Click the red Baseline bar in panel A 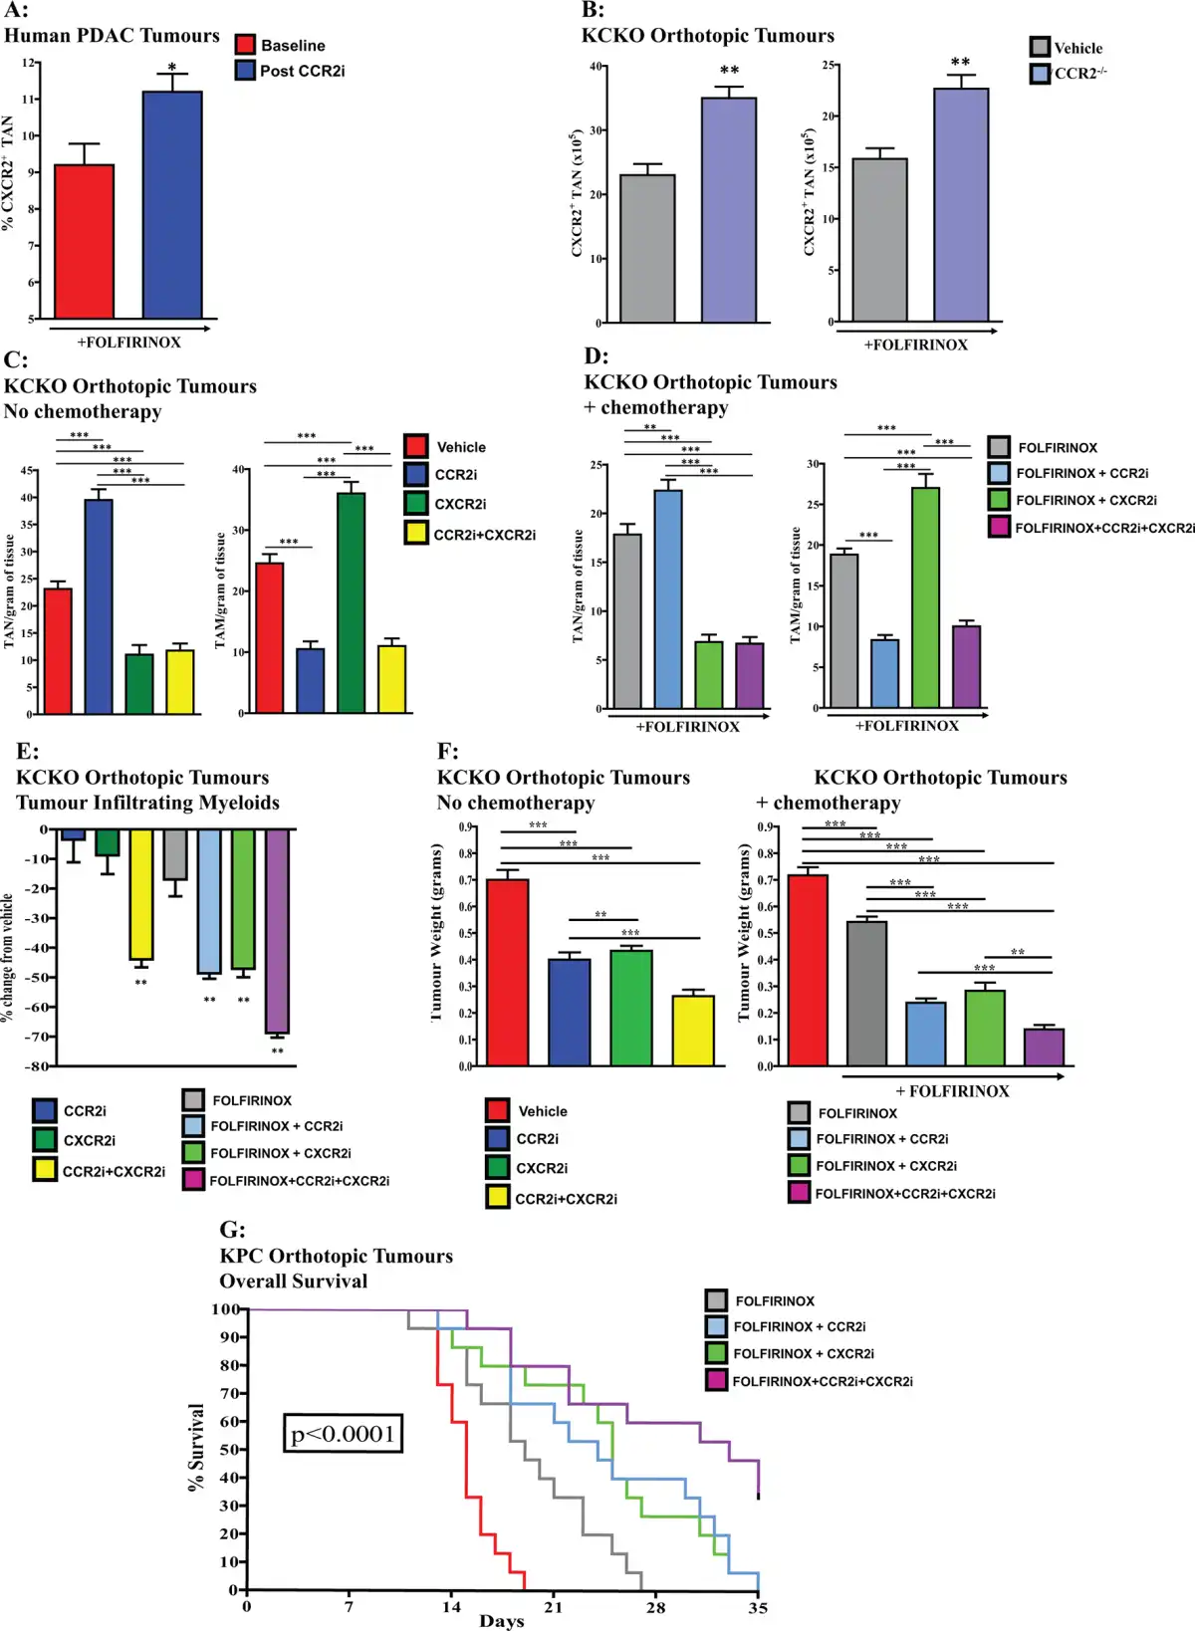(84, 242)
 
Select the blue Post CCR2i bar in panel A (172, 205)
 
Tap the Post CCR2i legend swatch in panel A (246, 71)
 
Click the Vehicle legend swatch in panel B (1040, 48)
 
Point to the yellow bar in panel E (140, 894)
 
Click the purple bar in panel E (277, 931)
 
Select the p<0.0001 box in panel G (343, 1434)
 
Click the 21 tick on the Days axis (553, 1606)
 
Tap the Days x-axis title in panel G (501, 1622)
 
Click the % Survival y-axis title (196, 1447)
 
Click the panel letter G (231, 1230)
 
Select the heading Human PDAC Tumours (112, 36)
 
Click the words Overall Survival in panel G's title (294, 1281)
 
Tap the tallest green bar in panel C (351, 603)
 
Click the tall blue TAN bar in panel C (99, 606)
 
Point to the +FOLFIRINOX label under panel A (129, 343)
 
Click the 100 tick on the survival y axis (225, 1309)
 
